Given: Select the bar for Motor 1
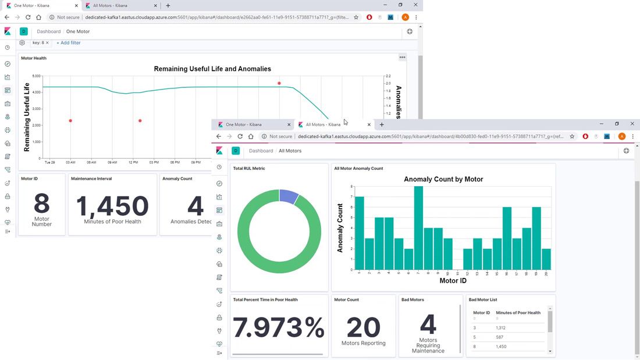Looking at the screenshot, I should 359,233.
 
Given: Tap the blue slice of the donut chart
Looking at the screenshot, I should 289,196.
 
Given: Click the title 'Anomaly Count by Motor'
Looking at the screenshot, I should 443,179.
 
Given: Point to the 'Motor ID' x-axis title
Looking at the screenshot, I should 453,281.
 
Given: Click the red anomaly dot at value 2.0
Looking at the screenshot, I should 279,83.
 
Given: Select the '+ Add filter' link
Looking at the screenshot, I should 69,43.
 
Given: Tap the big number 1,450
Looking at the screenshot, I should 112,205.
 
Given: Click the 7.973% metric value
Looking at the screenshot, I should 279,327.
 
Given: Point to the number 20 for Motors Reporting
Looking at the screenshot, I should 364,327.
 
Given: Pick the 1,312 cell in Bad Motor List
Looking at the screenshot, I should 502,327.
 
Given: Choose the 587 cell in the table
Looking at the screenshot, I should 500,337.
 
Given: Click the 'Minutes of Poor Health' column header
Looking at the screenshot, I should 518,313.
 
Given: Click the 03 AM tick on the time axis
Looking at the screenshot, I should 70,162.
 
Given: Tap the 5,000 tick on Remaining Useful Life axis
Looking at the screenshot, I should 36,76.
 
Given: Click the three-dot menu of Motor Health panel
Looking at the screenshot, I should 402,58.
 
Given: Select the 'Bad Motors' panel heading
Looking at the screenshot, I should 413,300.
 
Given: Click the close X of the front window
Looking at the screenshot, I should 632,124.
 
